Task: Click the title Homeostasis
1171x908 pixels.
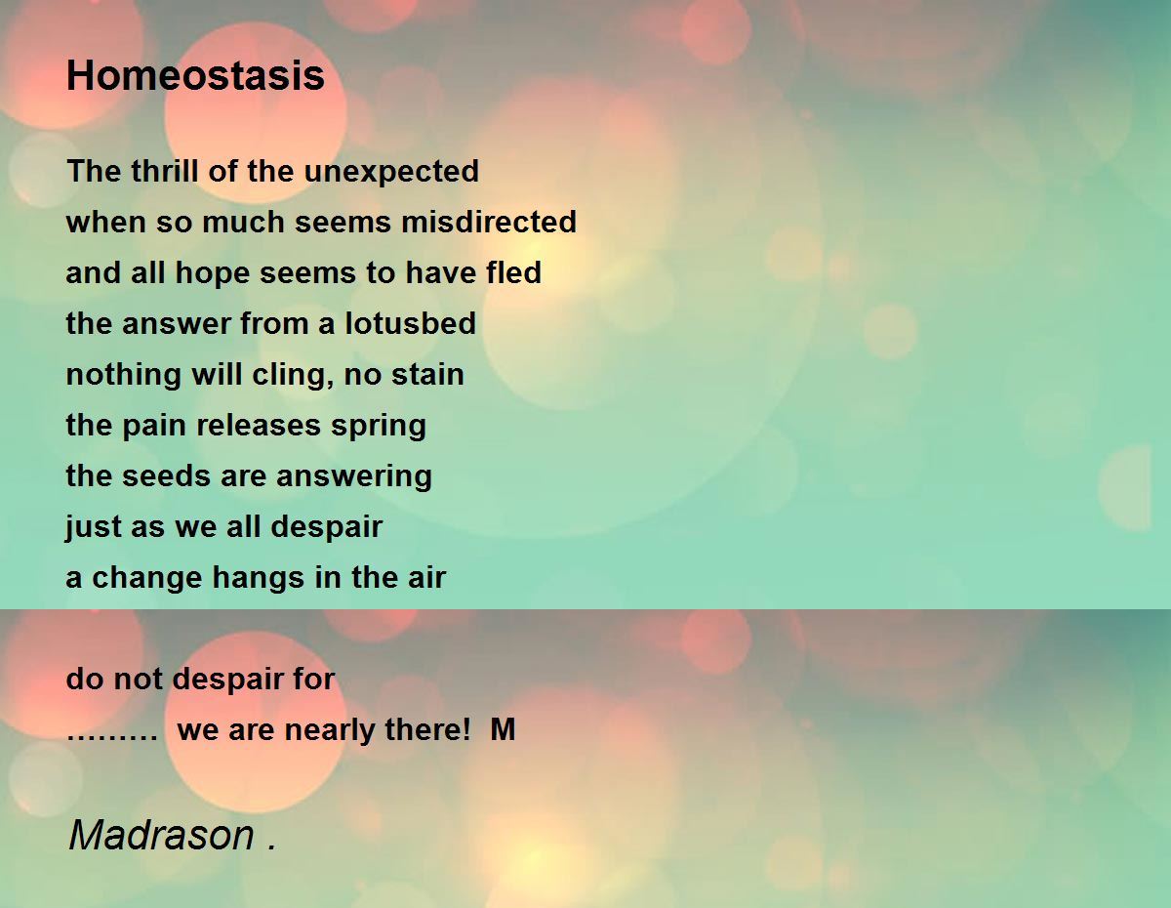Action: click(195, 75)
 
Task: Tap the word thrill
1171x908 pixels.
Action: click(164, 171)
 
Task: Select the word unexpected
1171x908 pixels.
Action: click(391, 173)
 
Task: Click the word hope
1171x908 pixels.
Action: click(213, 274)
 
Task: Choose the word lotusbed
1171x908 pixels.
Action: click(410, 323)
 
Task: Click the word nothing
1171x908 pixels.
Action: click(123, 376)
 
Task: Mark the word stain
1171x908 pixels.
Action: click(427, 374)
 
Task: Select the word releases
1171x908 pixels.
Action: click(259, 425)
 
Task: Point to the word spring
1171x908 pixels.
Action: click(379, 427)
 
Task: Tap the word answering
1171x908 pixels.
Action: click(354, 477)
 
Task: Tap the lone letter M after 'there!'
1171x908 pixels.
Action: click(503, 729)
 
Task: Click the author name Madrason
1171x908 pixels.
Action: click(162, 835)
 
